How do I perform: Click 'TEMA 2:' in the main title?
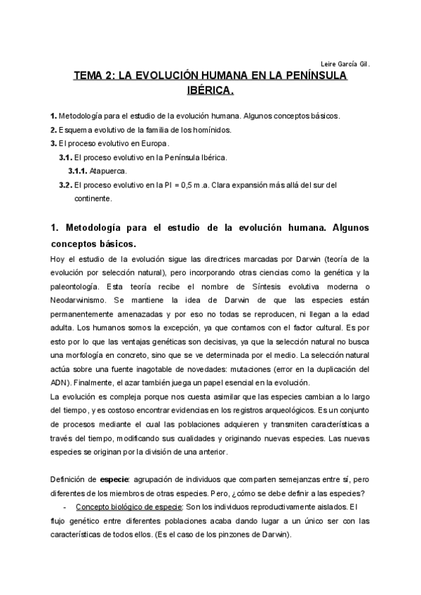tap(95, 77)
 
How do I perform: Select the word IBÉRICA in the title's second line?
tap(211, 91)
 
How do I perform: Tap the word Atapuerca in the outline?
tap(109, 171)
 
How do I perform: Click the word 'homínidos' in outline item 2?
tap(208, 130)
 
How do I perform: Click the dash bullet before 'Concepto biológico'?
tap(64, 507)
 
